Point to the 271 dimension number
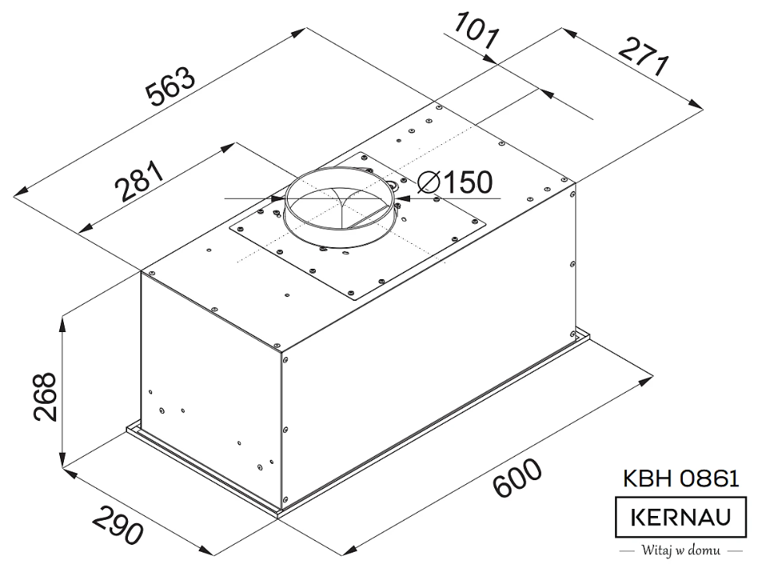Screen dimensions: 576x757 [644, 56]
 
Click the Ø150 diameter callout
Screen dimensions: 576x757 [456, 182]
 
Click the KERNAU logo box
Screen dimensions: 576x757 [681, 517]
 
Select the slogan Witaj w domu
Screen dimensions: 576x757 [681, 551]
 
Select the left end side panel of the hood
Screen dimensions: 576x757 [210, 390]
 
